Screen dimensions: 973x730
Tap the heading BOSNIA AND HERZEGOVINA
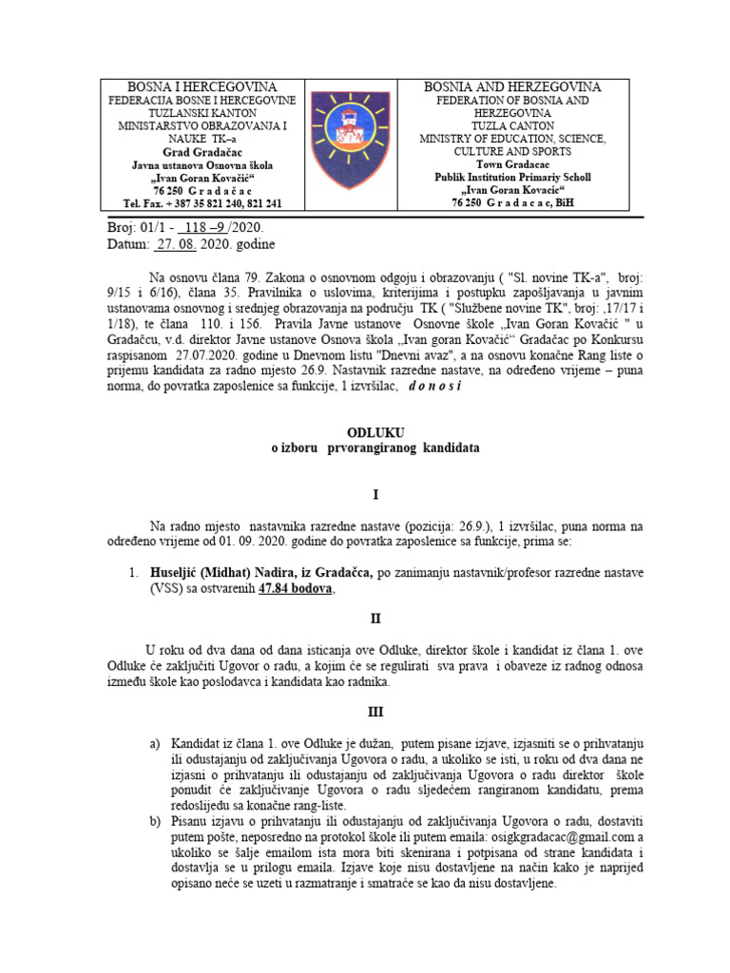tap(512, 87)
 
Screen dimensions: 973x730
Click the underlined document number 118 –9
tap(208, 229)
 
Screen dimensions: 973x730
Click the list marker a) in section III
tap(155, 742)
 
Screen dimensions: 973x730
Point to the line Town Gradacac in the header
tap(512, 164)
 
